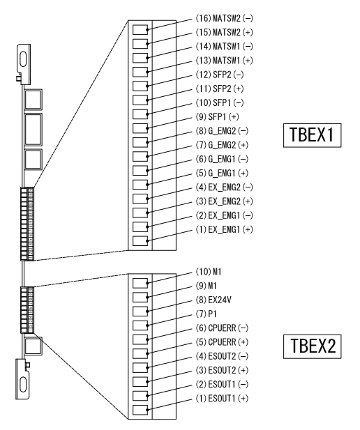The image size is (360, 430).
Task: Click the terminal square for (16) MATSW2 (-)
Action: click(140, 30)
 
